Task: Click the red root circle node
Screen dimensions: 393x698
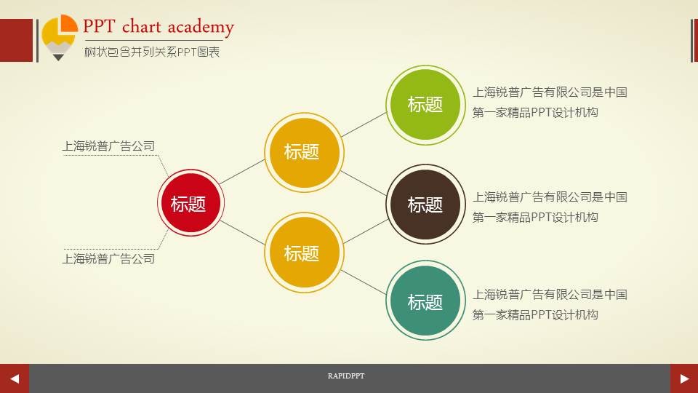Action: tap(188, 204)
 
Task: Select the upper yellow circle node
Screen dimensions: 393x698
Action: tap(302, 151)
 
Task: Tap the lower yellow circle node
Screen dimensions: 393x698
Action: tap(302, 253)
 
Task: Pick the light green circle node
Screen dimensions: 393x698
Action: tap(425, 104)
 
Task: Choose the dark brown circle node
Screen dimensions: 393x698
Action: tap(425, 205)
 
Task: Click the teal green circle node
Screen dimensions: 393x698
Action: tap(425, 301)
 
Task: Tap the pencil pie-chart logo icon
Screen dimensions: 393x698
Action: tap(59, 36)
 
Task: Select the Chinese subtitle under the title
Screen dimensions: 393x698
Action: tap(151, 52)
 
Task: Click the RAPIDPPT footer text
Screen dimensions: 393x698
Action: tap(346, 376)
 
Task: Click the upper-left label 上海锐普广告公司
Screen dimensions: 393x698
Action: tap(109, 146)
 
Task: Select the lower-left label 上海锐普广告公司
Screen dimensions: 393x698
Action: tap(109, 258)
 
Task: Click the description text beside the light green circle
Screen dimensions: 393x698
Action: tap(550, 103)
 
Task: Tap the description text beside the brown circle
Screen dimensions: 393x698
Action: tap(550, 207)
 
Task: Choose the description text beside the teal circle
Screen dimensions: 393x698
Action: tap(550, 304)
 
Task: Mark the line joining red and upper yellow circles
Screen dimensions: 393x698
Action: tap(241, 172)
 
